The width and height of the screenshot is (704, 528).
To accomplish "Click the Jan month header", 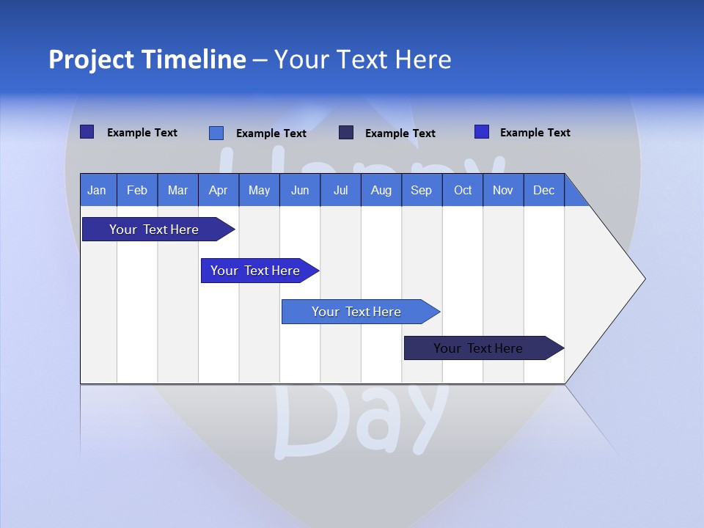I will click(97, 191).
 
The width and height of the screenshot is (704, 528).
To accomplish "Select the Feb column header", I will click(137, 191).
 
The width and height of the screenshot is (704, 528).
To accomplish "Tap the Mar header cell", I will click(177, 191).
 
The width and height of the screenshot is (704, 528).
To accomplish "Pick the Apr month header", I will click(218, 191).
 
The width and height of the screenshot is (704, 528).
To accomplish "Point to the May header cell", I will click(259, 191).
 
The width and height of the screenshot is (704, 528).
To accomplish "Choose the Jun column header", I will click(300, 191).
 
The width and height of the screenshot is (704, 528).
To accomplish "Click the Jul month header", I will click(340, 191).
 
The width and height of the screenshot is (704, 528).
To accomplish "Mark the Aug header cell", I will click(381, 191).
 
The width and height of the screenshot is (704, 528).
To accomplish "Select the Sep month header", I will click(422, 191).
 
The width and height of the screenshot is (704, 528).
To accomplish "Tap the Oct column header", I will click(463, 191).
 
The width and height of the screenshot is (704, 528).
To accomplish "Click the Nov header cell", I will click(503, 191).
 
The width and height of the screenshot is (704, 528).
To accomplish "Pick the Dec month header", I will click(544, 191).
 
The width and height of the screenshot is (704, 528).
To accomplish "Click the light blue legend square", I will click(216, 133).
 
